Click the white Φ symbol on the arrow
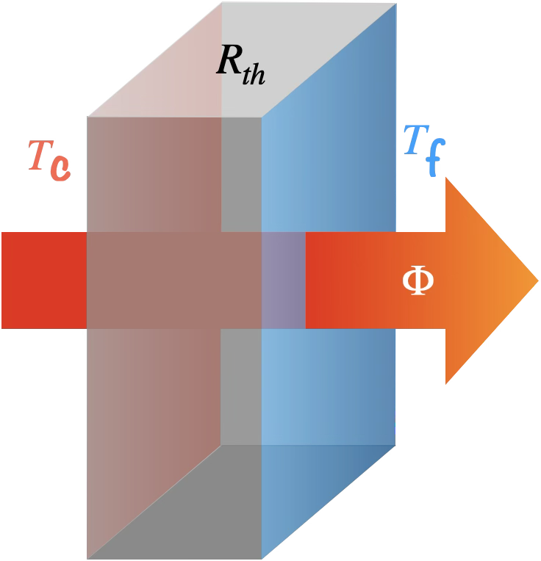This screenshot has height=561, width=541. pyautogui.click(x=418, y=280)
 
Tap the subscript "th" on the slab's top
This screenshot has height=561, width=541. pyautogui.click(x=253, y=74)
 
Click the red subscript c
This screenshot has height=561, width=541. pyautogui.click(x=60, y=167)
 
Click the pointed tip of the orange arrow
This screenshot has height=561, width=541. pyautogui.click(x=538, y=280)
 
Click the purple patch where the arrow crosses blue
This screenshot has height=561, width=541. pyautogui.click(x=284, y=280)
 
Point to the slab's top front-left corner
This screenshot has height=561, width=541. pyautogui.click(x=87, y=117)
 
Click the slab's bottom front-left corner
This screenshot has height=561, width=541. pyautogui.click(x=87, y=558)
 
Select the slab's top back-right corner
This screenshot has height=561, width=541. pyautogui.click(x=396, y=4)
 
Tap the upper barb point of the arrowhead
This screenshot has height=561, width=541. pyautogui.click(x=446, y=177)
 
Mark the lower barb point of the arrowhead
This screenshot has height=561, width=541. pyautogui.click(x=446, y=384)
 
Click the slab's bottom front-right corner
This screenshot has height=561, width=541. pyautogui.click(x=262, y=558)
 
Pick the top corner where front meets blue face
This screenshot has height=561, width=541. pyautogui.click(x=262, y=117)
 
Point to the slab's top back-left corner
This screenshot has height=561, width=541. pyautogui.click(x=221, y=4)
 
